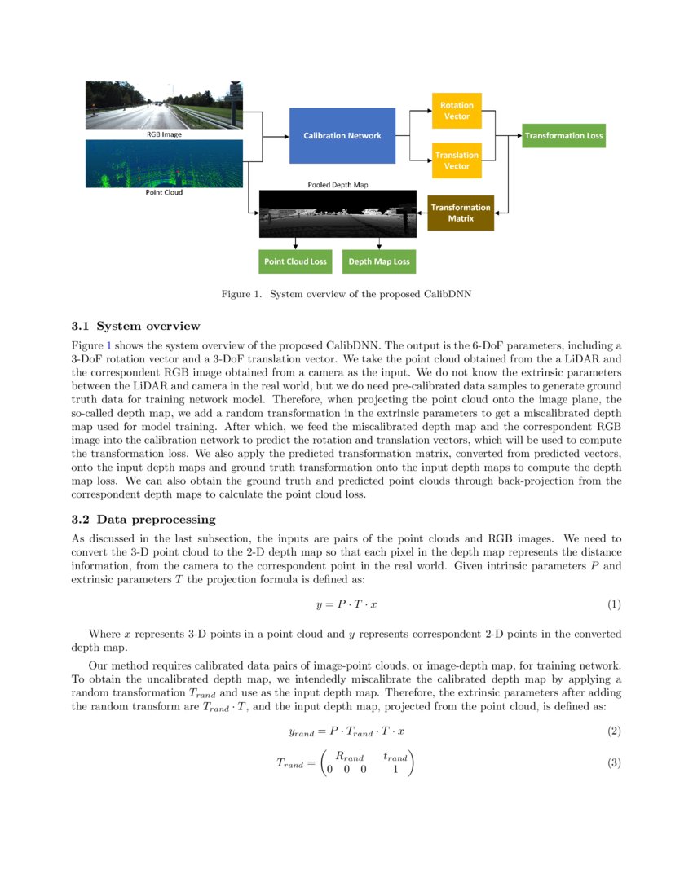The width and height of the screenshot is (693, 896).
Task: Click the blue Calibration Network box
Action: (x=342, y=135)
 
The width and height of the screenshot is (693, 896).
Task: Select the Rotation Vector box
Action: (x=456, y=111)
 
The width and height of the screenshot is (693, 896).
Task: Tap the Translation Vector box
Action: (x=456, y=160)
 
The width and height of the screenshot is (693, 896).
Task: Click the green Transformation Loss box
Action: (x=563, y=135)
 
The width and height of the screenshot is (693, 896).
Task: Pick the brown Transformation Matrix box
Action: (x=461, y=213)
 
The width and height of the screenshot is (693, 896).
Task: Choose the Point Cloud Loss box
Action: (x=295, y=261)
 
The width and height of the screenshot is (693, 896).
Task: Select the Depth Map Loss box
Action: (x=379, y=261)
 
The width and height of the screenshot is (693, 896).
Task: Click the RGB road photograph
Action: (x=164, y=105)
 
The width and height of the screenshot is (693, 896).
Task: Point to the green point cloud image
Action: (x=164, y=164)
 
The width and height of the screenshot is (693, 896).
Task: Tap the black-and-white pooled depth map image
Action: (x=337, y=213)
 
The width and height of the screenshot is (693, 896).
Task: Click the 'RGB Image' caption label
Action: (x=164, y=134)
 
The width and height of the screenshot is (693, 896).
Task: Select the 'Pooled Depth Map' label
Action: (x=338, y=185)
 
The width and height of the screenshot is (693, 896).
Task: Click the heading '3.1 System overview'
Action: (x=135, y=327)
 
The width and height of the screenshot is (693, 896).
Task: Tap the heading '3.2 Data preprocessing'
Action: (x=143, y=519)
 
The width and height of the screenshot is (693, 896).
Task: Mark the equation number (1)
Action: (x=614, y=604)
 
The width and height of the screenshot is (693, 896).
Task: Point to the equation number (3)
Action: (x=614, y=763)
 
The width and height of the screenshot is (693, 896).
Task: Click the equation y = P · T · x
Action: (x=346, y=604)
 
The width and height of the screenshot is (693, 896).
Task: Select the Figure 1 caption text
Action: (x=346, y=294)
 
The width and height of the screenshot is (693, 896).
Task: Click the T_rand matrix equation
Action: (x=346, y=763)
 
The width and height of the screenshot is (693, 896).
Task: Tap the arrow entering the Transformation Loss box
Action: (x=515, y=135)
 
